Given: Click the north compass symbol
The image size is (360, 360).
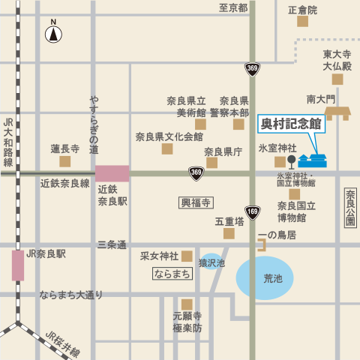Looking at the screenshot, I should pyautogui.click(x=53, y=34).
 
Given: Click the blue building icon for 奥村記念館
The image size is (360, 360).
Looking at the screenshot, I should pyautogui.click(x=313, y=160).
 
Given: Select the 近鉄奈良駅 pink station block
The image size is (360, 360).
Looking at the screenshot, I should pyautogui.click(x=112, y=173).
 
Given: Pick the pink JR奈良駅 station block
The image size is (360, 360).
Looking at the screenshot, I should pyautogui.click(x=17, y=265).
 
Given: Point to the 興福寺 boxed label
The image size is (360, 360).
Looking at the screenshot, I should pyautogui.click(x=196, y=202).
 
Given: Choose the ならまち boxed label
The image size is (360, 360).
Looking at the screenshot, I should pyautogui.click(x=172, y=274).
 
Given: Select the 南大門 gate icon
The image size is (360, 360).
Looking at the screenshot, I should pyautogui.click(x=337, y=112).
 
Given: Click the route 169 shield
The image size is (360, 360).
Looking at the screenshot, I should pyautogui.click(x=252, y=213).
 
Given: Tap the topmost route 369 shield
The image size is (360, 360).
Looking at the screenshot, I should pyautogui.click(x=252, y=69).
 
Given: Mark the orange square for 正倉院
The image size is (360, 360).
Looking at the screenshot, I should pyautogui.click(x=302, y=22).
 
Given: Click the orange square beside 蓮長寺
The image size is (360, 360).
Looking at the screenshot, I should pyautogui.click(x=65, y=161).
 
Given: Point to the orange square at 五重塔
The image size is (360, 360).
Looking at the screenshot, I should pyautogui.click(x=228, y=234).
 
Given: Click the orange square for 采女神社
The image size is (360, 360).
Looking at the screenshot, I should pyautogui.click(x=187, y=256).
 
